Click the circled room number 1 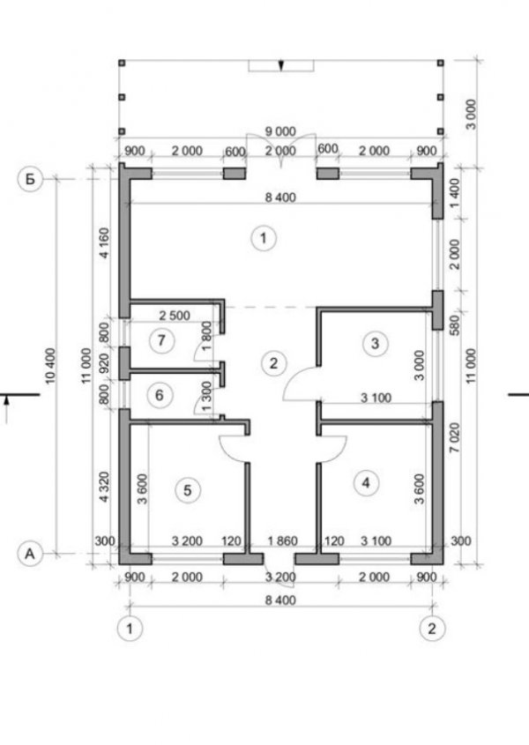point(264,237)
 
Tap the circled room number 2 point(273,363)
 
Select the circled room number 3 point(375,343)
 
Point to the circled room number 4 point(366,483)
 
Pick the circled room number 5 point(187,490)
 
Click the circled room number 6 point(160,395)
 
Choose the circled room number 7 point(161,340)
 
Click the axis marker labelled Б point(31,180)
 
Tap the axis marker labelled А point(31,554)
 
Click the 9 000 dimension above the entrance point(280,131)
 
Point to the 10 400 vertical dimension point(50,366)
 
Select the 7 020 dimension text point(455,437)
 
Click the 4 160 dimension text point(105,242)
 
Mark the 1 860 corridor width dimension point(282,540)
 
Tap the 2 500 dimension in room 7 point(175,315)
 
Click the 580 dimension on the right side point(455,324)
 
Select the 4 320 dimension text point(105,487)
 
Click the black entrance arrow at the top point(281,65)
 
